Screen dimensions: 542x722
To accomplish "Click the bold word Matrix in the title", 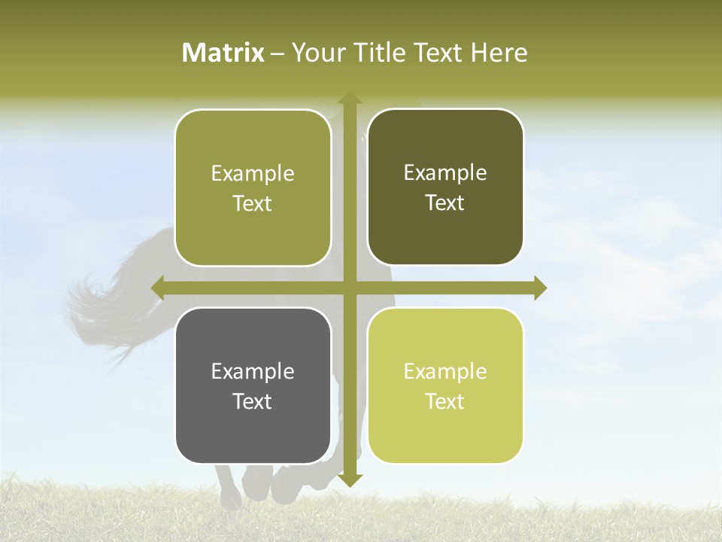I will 223,53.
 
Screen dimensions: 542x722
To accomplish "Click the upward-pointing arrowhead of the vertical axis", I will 350,99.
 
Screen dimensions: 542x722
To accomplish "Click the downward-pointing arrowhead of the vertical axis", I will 350,480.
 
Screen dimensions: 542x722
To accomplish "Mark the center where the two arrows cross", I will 350,288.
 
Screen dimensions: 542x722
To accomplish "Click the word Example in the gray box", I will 253,371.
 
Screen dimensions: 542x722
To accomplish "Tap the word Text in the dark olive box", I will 445,203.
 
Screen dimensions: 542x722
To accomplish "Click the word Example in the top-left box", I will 253,173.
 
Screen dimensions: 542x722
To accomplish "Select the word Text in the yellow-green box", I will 445,401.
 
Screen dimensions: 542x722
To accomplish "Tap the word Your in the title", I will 316,53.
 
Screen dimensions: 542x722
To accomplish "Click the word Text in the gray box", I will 253,401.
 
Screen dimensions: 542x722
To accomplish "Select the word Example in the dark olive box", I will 445,172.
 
